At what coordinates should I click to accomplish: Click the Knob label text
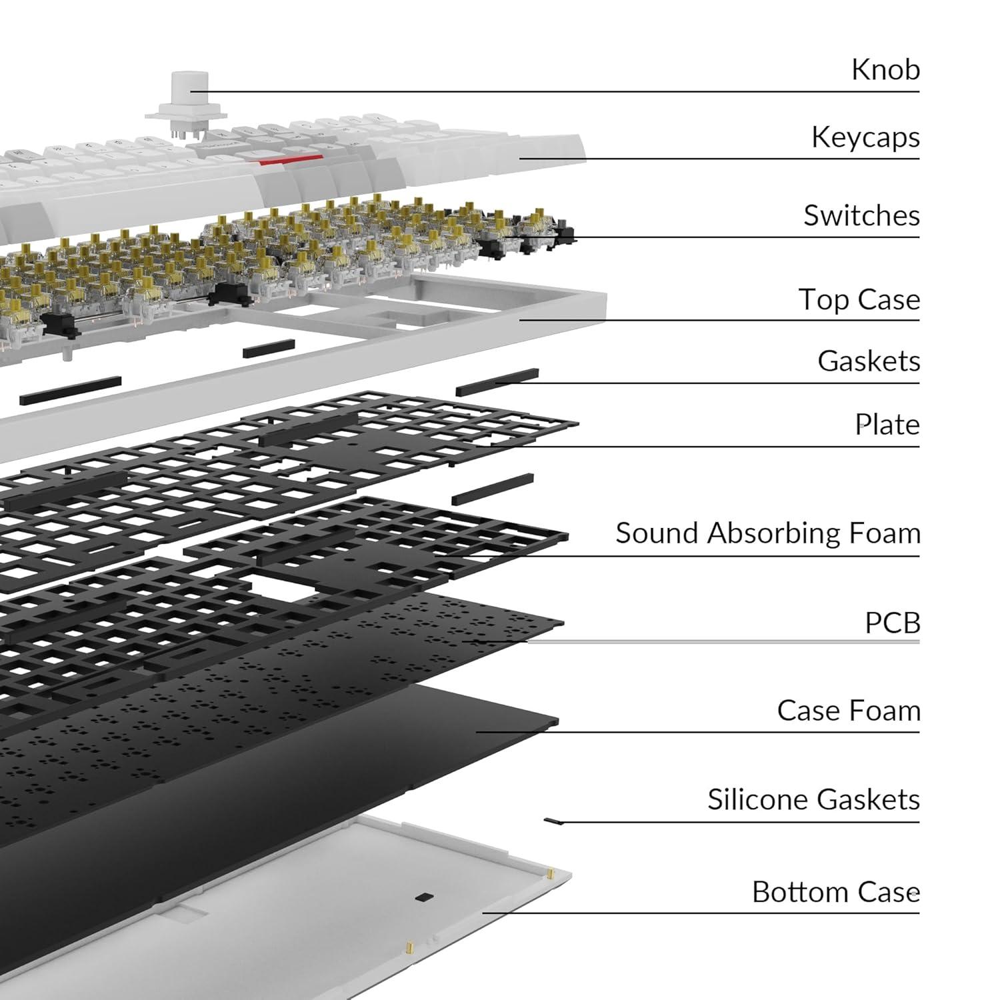pyautogui.click(x=885, y=69)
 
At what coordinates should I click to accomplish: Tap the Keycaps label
pyautogui.click(x=865, y=137)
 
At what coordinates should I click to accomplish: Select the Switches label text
pyautogui.click(x=861, y=215)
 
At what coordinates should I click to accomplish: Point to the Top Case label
pyautogui.click(x=859, y=299)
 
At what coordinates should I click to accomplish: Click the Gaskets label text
pyautogui.click(x=869, y=361)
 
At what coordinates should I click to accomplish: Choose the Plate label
pyautogui.click(x=887, y=424)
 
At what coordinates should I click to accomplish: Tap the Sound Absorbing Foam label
pyautogui.click(x=767, y=533)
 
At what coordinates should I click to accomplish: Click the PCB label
pyautogui.click(x=892, y=623)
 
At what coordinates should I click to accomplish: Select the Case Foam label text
pyautogui.click(x=849, y=711)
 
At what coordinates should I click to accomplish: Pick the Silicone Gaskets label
pyautogui.click(x=813, y=799)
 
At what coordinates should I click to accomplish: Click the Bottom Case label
pyautogui.click(x=836, y=892)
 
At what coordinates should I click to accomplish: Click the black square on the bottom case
pyautogui.click(x=421, y=897)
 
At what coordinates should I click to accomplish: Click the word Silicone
pyautogui.click(x=757, y=799)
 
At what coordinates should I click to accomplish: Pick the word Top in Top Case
pyautogui.click(x=823, y=300)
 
